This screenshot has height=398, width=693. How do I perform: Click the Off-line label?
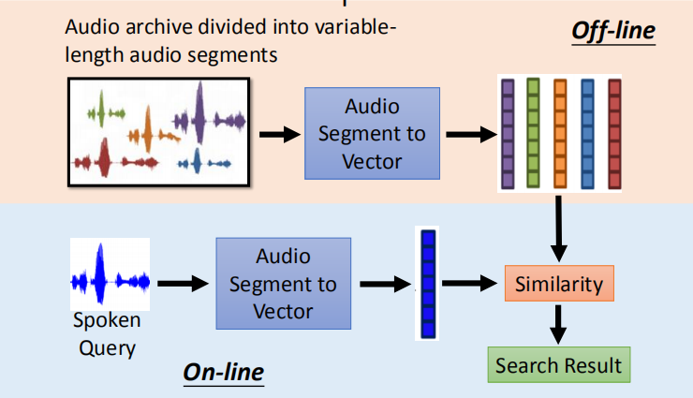click(x=613, y=32)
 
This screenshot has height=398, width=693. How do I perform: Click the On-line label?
click(x=223, y=372)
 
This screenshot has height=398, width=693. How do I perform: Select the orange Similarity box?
click(x=559, y=284)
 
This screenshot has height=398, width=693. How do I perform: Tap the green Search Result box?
click(x=558, y=364)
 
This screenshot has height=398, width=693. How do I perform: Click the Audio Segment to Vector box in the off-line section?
click(x=373, y=133)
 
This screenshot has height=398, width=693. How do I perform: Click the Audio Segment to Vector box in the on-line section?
click(x=283, y=283)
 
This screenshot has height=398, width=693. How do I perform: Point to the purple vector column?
click(x=508, y=132)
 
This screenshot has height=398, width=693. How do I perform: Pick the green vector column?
click(x=534, y=132)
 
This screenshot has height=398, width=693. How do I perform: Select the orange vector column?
click(x=560, y=132)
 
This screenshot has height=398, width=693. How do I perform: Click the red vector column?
click(x=614, y=132)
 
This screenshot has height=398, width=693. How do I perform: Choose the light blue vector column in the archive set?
click(x=587, y=132)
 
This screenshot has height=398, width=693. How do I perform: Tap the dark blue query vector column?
click(x=428, y=282)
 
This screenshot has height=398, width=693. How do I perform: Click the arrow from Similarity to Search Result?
click(x=559, y=323)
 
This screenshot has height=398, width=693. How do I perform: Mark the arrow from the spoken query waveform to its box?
click(x=181, y=282)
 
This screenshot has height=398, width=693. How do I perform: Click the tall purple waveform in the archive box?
click(x=199, y=111)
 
